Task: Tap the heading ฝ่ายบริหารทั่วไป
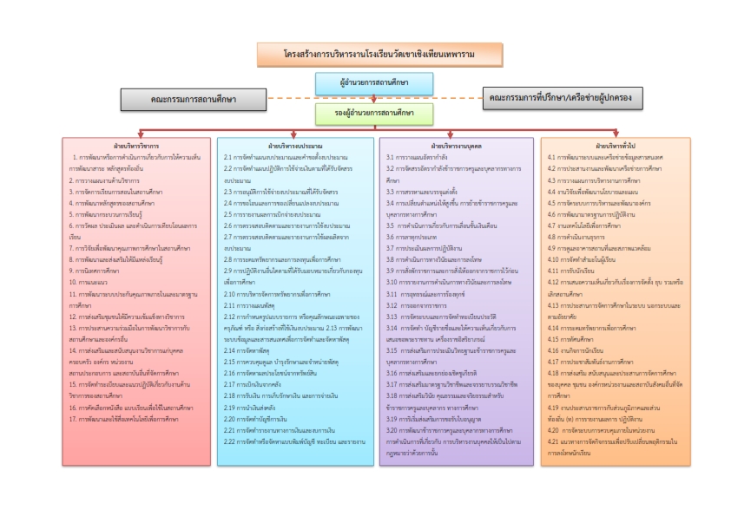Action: click(x=616, y=145)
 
